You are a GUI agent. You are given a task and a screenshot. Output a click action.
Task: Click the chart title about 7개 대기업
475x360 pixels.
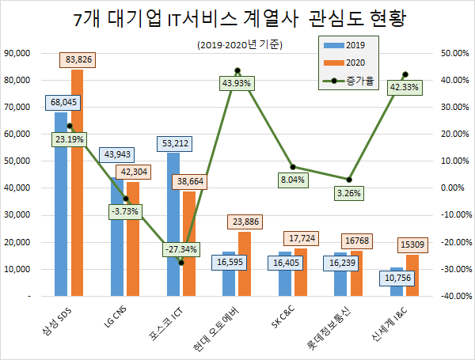point(237,19)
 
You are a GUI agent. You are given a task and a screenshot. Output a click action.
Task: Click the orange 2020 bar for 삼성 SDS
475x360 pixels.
point(77,182)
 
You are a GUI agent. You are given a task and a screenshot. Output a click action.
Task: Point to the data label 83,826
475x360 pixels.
point(78,59)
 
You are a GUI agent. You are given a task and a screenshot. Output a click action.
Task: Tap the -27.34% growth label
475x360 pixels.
point(180,248)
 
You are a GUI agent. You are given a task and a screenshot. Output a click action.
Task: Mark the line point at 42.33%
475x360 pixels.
point(405,74)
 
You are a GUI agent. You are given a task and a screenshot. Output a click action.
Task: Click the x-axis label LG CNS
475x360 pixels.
point(119,316)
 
